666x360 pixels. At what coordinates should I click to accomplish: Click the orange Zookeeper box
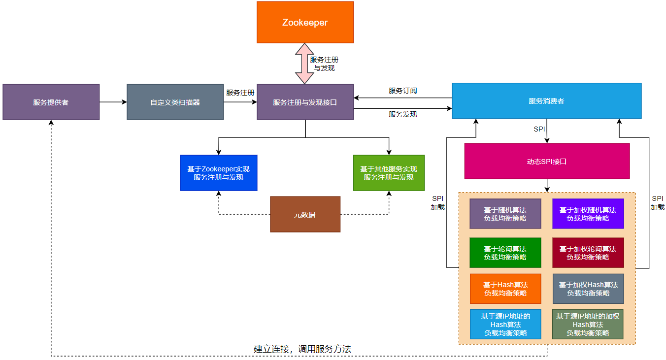[x=305, y=22]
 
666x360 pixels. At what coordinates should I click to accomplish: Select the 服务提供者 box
[x=51, y=102]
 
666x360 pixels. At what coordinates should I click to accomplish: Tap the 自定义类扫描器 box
[x=175, y=102]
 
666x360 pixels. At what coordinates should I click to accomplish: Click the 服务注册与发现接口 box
[x=305, y=102]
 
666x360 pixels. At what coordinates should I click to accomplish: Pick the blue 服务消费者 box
[x=546, y=101]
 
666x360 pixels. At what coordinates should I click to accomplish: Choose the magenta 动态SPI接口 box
[x=547, y=161]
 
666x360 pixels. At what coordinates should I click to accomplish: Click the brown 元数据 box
[x=305, y=214]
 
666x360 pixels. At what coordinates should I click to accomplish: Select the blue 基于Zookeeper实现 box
[x=218, y=173]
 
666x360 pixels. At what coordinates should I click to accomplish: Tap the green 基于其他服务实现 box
[x=389, y=173]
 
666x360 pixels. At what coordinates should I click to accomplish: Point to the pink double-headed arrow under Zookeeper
[x=304, y=64]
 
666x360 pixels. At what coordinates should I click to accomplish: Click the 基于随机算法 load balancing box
[x=505, y=214]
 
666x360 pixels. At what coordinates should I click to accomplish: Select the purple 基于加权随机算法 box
[x=588, y=214]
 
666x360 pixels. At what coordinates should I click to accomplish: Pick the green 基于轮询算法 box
[x=505, y=253]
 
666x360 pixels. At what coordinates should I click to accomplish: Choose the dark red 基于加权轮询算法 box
[x=588, y=253]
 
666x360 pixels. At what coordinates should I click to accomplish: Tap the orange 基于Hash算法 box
[x=505, y=289]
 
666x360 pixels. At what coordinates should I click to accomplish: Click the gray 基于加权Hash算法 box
[x=588, y=289]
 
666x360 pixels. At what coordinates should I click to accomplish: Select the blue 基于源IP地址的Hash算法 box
[x=505, y=325]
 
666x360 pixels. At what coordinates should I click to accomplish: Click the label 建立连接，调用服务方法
[x=302, y=349]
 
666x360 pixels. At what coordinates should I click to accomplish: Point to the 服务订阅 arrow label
[x=402, y=91]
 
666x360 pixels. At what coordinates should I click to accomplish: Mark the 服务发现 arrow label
[x=402, y=114]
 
